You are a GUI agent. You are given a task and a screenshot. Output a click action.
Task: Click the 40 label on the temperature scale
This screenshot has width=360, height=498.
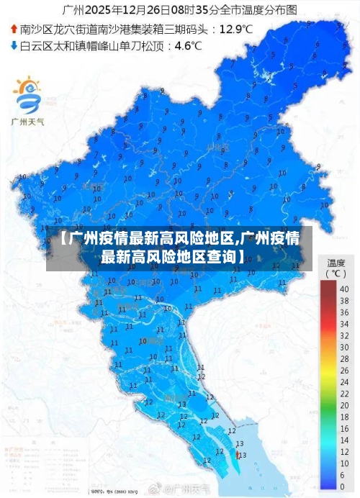tap(343, 289)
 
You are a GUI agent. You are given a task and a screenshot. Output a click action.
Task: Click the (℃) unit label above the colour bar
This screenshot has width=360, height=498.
tap(336, 273)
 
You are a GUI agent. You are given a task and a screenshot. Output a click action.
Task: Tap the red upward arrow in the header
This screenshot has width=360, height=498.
tap(14, 30)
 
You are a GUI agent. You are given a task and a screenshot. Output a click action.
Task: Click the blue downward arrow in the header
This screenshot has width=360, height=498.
tap(14, 46)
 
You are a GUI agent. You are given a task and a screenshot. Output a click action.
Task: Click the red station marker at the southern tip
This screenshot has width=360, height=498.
tap(238, 454)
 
